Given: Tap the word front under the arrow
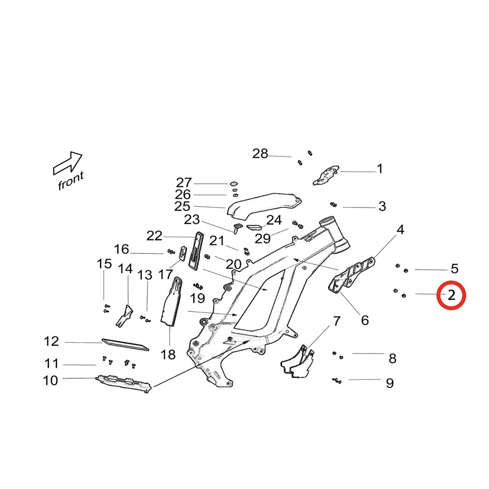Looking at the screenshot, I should (x=71, y=180).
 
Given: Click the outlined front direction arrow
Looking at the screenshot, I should (x=67, y=163).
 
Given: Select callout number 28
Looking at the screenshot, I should (x=260, y=154).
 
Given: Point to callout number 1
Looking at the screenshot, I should (x=380, y=169).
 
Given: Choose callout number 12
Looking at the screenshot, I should (x=51, y=341).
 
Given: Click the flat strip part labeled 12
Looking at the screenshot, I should (x=124, y=344).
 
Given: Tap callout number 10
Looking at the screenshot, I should (x=50, y=380).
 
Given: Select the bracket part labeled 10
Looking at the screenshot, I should (x=122, y=382).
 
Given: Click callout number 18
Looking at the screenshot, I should (x=168, y=355).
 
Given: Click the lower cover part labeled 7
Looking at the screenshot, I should (x=297, y=362).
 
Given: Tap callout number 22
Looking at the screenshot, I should (x=155, y=236).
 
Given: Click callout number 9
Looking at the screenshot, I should (x=390, y=383).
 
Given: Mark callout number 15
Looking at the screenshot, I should (x=104, y=265).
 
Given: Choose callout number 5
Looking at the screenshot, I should (x=454, y=268).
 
